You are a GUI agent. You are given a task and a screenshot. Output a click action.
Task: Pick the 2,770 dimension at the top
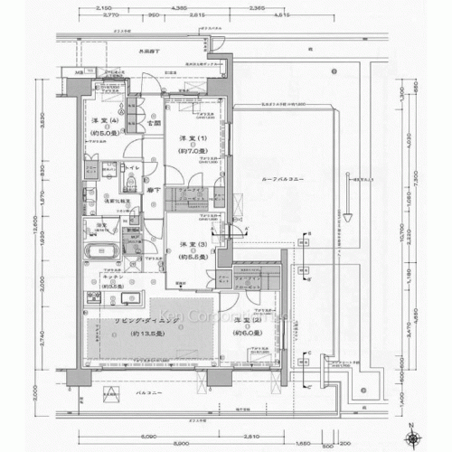click(x=112, y=16)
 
